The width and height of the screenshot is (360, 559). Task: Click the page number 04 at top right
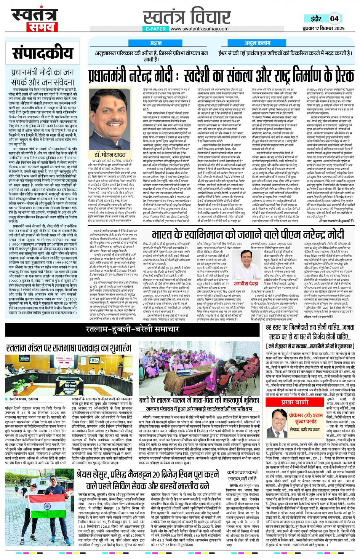coord(334,18)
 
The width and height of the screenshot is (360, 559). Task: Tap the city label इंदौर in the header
coord(316,19)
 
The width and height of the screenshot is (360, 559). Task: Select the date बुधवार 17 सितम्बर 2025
coord(323,29)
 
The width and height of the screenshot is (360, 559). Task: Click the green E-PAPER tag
coord(156,29)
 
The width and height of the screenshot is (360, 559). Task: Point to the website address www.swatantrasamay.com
coord(200,29)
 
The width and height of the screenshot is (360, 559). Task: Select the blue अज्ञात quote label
coord(155,43)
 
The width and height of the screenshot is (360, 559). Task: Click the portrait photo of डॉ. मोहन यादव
coord(110,124)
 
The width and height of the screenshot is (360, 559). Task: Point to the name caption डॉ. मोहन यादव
coord(110,154)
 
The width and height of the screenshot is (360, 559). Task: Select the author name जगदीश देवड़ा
coord(246,283)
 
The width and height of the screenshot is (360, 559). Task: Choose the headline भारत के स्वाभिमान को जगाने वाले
coord(248,234)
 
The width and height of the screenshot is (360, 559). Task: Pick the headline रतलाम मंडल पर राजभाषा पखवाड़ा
coord(69,348)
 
